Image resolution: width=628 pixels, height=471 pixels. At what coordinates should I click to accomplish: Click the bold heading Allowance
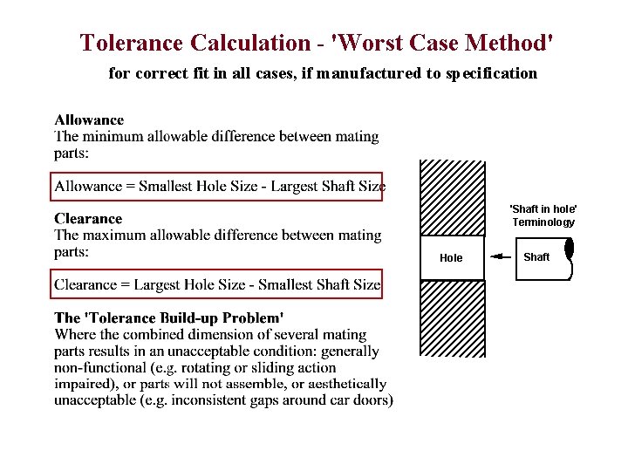pos(89,120)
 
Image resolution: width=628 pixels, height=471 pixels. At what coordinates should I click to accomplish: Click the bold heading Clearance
pos(88,219)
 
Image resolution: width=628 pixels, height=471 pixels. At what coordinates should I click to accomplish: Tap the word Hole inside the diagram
pos(451,258)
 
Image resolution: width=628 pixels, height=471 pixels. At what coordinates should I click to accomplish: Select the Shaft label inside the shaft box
pos(536,256)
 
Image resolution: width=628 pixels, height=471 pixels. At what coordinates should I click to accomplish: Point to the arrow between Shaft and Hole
pos(500,257)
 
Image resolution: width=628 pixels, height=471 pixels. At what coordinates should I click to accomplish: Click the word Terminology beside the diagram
pos(543,222)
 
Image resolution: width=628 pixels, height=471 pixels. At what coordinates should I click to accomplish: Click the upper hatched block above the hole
pos(452,197)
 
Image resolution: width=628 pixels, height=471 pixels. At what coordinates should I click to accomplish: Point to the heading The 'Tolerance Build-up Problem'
pos(168,318)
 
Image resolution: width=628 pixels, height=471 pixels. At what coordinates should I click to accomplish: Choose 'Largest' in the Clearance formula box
pos(164,284)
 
